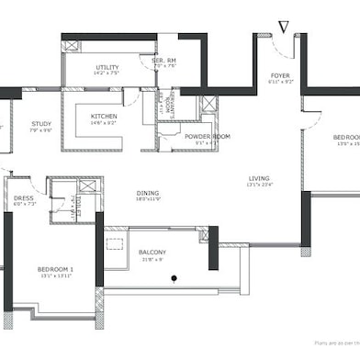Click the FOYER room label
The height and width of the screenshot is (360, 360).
[x=280, y=75]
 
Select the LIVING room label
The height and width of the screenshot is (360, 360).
[x=260, y=178]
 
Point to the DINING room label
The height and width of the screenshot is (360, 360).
[x=148, y=194]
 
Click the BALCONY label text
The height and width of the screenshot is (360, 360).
[x=152, y=252]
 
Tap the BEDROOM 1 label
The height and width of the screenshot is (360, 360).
[x=55, y=269]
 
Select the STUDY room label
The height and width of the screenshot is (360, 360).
[x=40, y=122]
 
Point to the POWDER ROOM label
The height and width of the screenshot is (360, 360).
[x=207, y=136]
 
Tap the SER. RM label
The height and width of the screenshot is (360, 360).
[x=163, y=60]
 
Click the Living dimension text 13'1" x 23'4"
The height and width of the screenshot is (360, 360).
[x=260, y=186]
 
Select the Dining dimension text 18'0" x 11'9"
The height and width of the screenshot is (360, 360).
[x=148, y=200]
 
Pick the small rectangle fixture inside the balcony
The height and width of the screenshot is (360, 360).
[x=115, y=243]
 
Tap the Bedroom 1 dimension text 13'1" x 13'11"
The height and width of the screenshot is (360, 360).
[x=55, y=276]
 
